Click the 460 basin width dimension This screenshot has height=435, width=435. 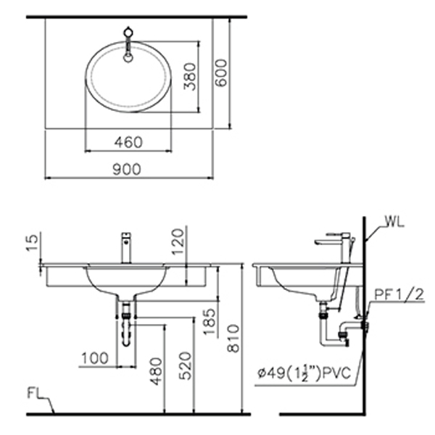click(x=128, y=142)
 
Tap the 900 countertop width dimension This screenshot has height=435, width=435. click(x=127, y=169)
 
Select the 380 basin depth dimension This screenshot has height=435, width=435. click(x=190, y=77)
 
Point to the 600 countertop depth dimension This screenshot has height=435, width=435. click(x=221, y=73)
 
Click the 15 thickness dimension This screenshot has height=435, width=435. click(x=32, y=243)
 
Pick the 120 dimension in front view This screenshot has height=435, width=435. click(x=178, y=241)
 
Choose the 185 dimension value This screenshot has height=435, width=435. click(x=210, y=321)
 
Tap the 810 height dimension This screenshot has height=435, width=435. click(x=233, y=339)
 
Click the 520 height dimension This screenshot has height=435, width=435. click(x=185, y=366)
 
